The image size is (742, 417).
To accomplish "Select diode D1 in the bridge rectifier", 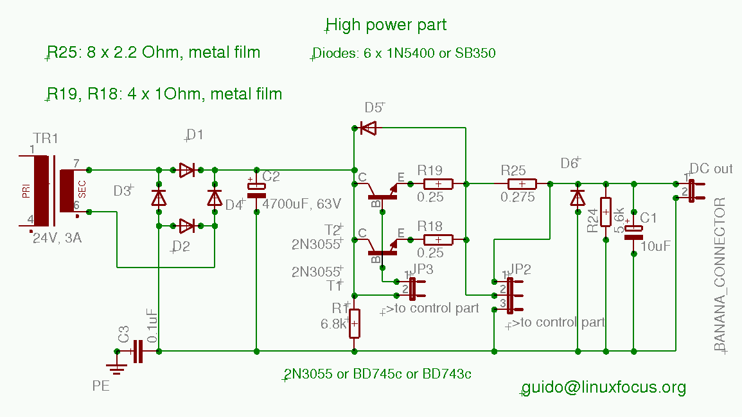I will pyautogui.click(x=187, y=170).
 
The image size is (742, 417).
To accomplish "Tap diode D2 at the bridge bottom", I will pyautogui.click(x=187, y=226).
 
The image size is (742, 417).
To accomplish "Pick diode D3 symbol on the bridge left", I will pyautogui.click(x=159, y=198).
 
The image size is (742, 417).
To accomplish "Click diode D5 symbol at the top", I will pyautogui.click(x=368, y=128).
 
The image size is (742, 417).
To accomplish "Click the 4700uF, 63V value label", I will pyautogui.click(x=302, y=204).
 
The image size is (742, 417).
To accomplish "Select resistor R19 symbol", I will pyautogui.click(x=438, y=184).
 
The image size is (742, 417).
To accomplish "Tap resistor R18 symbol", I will pyautogui.click(x=438, y=240).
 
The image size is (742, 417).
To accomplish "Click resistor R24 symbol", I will pyautogui.click(x=606, y=210).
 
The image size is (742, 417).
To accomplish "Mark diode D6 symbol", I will pyautogui.click(x=578, y=197).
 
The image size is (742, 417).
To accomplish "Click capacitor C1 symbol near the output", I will pyautogui.click(x=633, y=233).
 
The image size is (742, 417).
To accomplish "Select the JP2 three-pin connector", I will pyautogui.click(x=511, y=294).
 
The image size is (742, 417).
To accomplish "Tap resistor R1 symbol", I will pyautogui.click(x=355, y=323).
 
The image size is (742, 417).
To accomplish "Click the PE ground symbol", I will pyautogui.click(x=117, y=368).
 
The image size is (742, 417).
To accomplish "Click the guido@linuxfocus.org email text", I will pyautogui.click(x=604, y=387).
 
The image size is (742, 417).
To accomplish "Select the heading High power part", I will pyautogui.click(x=386, y=25).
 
